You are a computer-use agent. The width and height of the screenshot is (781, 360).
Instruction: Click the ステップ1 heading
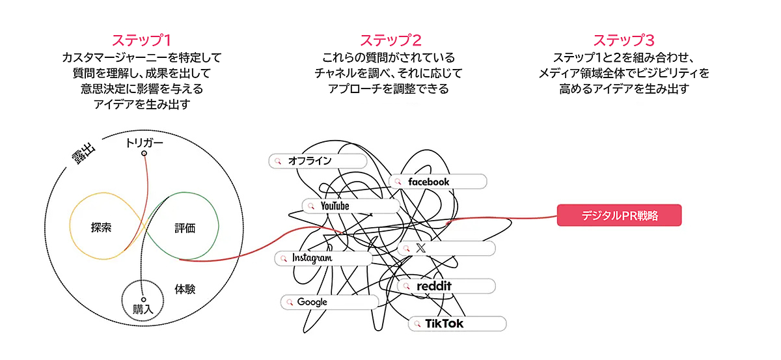pos(143,40)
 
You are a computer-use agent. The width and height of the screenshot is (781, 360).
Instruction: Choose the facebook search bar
pos(438,182)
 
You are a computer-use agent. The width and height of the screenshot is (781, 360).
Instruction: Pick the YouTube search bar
pos(351,206)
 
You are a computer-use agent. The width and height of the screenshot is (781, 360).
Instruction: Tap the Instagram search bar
pos(323,258)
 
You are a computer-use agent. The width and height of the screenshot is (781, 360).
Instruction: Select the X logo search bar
pos(446,249)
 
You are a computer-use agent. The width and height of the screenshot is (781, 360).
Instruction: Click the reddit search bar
pos(446,286)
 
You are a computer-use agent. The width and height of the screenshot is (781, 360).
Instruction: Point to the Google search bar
pos(329,302)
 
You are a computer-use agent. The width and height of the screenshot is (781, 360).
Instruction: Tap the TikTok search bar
pos(457,324)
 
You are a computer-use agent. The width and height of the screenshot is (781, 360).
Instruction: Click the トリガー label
pos(144,143)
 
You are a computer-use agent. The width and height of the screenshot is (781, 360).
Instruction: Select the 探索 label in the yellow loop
pos(101,228)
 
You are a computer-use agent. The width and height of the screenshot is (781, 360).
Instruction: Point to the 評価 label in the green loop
pos(185,228)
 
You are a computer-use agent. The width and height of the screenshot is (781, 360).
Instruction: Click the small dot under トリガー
pos(144,154)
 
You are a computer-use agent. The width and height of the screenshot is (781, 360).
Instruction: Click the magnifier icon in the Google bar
pos(290,303)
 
